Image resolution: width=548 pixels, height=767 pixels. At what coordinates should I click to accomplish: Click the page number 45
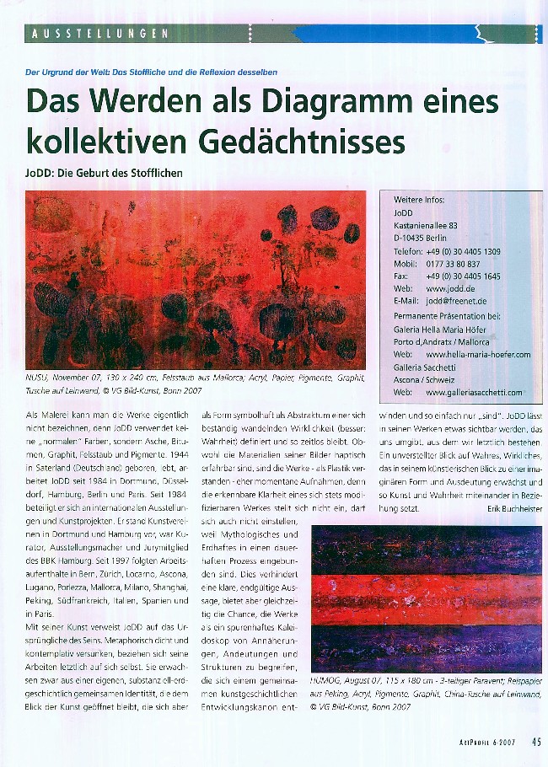[536, 743]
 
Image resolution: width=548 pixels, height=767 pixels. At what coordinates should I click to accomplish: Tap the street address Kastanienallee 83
[426, 226]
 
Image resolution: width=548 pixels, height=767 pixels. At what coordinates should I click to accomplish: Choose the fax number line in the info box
[447, 276]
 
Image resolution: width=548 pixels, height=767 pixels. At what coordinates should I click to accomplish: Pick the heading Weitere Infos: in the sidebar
[419, 200]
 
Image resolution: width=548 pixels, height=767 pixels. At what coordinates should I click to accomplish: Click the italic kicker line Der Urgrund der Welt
[152, 72]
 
